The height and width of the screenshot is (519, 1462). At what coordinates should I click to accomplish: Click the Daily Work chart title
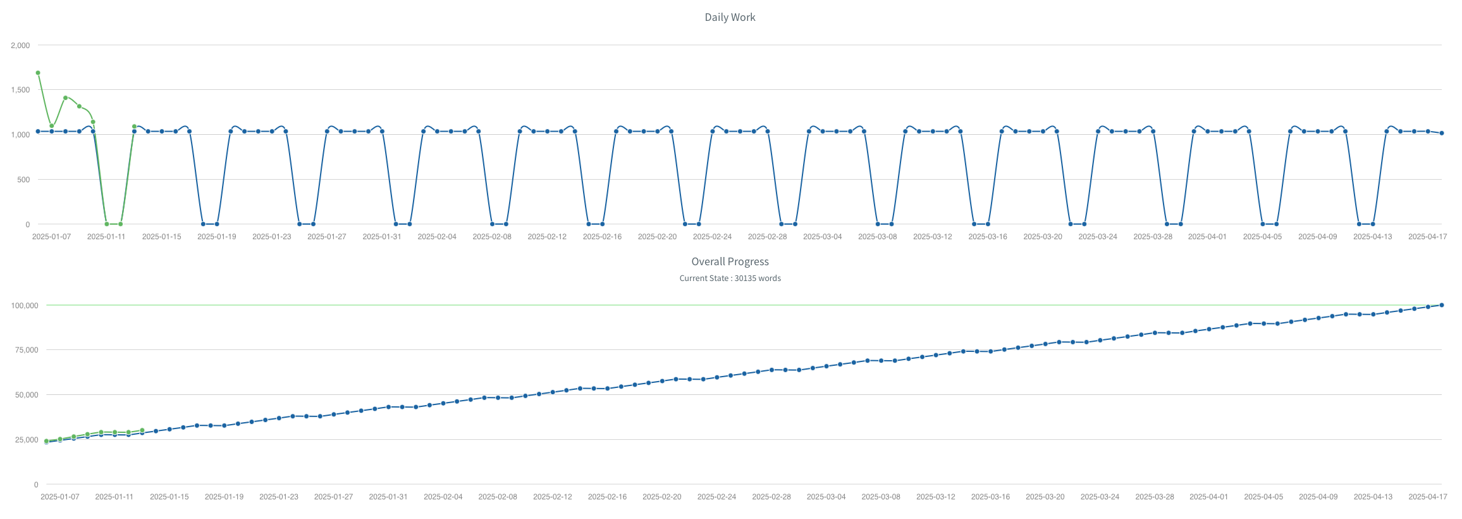click(730, 17)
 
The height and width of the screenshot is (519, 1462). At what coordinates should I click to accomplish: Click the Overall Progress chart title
click(730, 261)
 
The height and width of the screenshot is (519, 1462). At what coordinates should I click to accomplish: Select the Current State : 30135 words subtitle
click(730, 278)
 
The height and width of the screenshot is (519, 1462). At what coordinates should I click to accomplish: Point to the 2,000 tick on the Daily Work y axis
click(20, 46)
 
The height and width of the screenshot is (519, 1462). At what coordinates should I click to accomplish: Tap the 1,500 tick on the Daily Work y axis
click(20, 90)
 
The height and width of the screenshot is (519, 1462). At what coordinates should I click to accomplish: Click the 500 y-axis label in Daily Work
click(23, 180)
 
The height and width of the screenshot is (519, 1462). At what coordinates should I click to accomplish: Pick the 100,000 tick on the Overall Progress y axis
click(25, 306)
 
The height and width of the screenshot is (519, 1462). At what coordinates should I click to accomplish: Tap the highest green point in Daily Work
click(38, 73)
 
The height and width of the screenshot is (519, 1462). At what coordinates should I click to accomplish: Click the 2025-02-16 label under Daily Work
click(602, 237)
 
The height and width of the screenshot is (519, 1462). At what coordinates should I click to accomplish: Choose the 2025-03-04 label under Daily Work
click(822, 237)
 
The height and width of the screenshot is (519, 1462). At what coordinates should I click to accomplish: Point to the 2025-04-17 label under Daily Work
click(1427, 237)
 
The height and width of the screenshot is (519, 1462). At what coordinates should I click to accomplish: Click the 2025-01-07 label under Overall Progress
click(60, 497)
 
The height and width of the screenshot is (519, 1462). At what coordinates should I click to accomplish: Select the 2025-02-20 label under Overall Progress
click(662, 497)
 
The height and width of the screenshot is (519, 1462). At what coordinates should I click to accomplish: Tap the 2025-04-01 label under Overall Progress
click(1208, 497)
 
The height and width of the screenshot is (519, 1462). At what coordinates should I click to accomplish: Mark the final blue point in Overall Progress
click(1441, 305)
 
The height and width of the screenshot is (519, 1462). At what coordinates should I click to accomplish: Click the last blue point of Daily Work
click(1441, 133)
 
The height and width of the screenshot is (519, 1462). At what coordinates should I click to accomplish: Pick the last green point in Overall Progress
click(142, 430)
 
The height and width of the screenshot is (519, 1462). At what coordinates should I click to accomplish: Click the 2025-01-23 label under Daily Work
click(272, 237)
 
